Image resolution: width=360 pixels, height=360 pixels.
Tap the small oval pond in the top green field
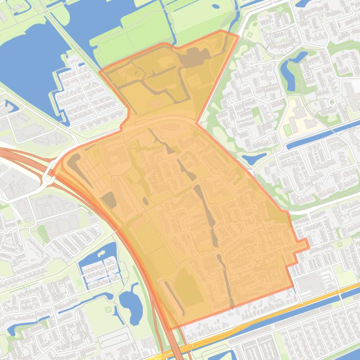[215, 7]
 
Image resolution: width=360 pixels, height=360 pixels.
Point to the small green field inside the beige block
[287, 130]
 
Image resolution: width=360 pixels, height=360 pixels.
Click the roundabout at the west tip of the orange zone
[48, 178]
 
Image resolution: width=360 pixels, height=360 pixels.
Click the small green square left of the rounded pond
[109, 309]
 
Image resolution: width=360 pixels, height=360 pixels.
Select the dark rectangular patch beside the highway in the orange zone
[109, 200]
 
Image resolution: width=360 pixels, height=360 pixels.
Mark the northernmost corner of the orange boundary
[221, 31]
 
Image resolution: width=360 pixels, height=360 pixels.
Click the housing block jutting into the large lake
[84, 94]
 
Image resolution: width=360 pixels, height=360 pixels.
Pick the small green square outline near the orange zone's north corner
[250, 34]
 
